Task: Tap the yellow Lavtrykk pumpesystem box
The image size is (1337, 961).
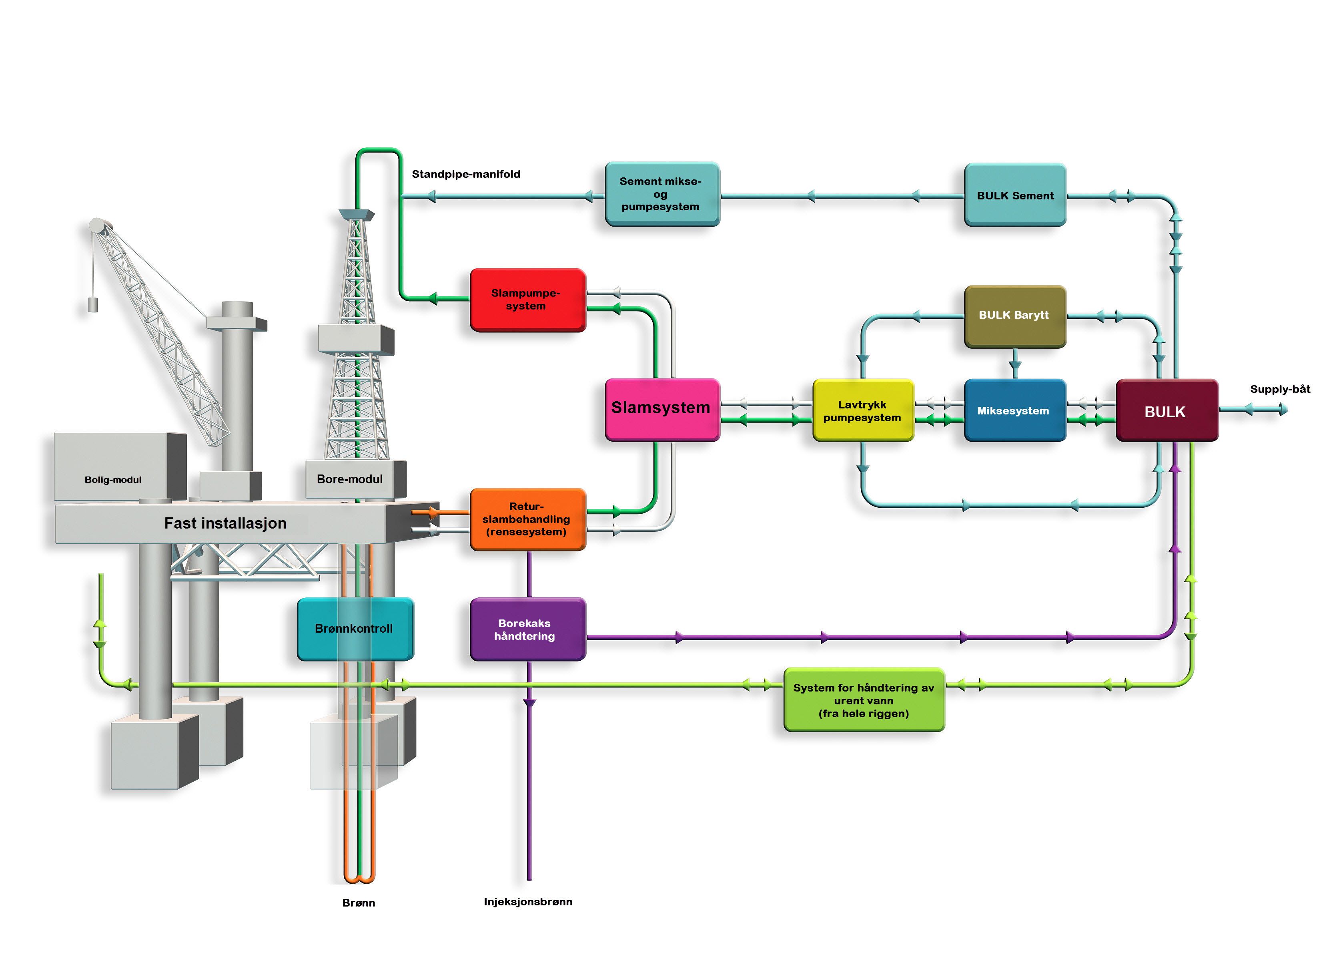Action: pyautogui.click(x=862, y=410)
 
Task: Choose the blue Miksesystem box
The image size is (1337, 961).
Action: pyautogui.click(x=1014, y=410)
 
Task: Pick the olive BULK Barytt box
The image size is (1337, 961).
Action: pyautogui.click(x=1014, y=316)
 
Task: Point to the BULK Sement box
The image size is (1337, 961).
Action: pyautogui.click(x=1014, y=195)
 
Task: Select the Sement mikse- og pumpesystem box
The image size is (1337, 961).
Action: pyautogui.click(x=661, y=194)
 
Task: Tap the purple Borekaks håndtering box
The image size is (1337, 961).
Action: pyautogui.click(x=526, y=629)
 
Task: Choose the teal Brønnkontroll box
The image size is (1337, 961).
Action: pyautogui.click(x=354, y=629)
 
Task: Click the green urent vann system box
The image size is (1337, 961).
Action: pyautogui.click(x=864, y=700)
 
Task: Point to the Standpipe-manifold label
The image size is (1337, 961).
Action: pyautogui.click(x=466, y=174)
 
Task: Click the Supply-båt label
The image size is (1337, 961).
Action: pyautogui.click(x=1280, y=389)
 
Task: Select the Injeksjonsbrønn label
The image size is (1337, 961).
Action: pyautogui.click(x=527, y=901)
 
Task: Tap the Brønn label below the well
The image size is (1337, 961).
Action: pyautogui.click(x=359, y=903)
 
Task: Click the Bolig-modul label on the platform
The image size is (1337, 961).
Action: pyautogui.click(x=113, y=480)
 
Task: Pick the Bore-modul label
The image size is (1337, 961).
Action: pyautogui.click(x=350, y=479)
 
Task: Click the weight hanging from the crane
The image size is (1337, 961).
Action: pyautogui.click(x=92, y=304)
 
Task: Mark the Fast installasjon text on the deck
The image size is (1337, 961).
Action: pyautogui.click(x=225, y=523)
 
